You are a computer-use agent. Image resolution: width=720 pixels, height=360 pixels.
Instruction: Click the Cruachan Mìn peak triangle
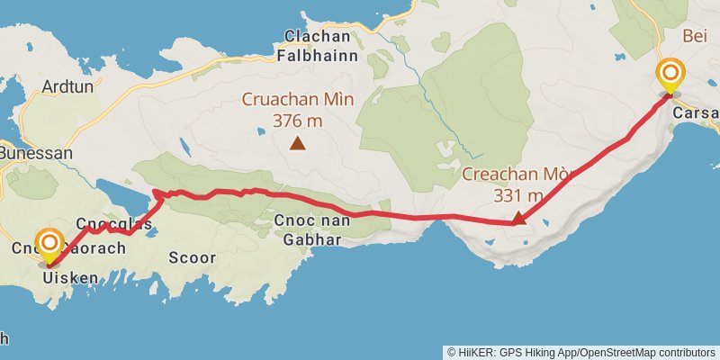pos(297,142)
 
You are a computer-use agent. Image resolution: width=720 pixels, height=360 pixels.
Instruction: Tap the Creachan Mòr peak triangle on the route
pos(518,217)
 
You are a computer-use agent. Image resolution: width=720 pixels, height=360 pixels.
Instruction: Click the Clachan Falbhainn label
pos(321,45)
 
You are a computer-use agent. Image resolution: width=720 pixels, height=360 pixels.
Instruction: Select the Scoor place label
pos(192,257)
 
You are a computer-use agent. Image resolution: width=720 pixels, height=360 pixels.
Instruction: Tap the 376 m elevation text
pos(297,119)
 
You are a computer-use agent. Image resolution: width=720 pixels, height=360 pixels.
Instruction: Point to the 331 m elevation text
pos(517,193)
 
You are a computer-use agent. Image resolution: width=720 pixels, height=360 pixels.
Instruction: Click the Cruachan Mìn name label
pos(296,99)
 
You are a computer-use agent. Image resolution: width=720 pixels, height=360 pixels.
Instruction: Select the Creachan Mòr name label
pos(517,174)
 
